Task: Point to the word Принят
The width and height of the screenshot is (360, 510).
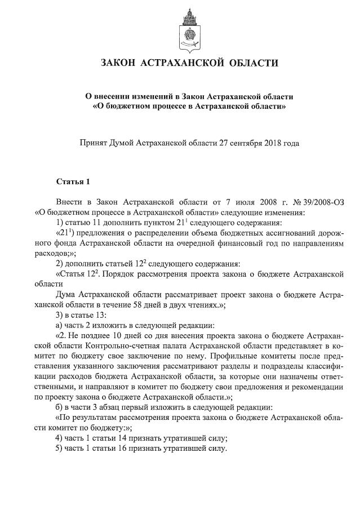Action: (x=97, y=143)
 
